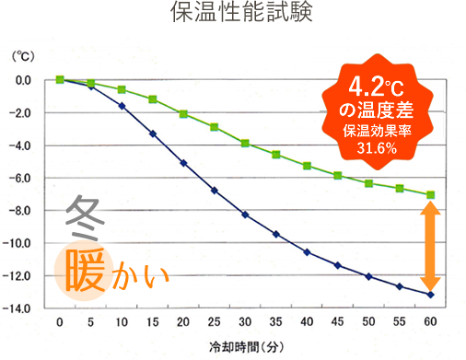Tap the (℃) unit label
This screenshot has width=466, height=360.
(x=22, y=57)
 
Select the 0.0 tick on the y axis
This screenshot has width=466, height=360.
(x=23, y=80)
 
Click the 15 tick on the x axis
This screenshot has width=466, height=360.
(x=152, y=322)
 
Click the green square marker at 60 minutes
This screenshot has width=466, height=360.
(x=430, y=194)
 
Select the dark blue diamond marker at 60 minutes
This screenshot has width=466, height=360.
(x=430, y=295)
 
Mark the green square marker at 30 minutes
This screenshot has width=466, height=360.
(x=245, y=143)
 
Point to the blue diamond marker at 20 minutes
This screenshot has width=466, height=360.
(x=183, y=163)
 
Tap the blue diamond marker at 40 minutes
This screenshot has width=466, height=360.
(x=307, y=252)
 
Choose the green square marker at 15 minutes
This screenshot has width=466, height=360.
(x=152, y=99)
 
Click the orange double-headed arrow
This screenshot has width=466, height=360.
(x=430, y=245)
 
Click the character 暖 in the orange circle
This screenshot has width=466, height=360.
(x=86, y=267)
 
